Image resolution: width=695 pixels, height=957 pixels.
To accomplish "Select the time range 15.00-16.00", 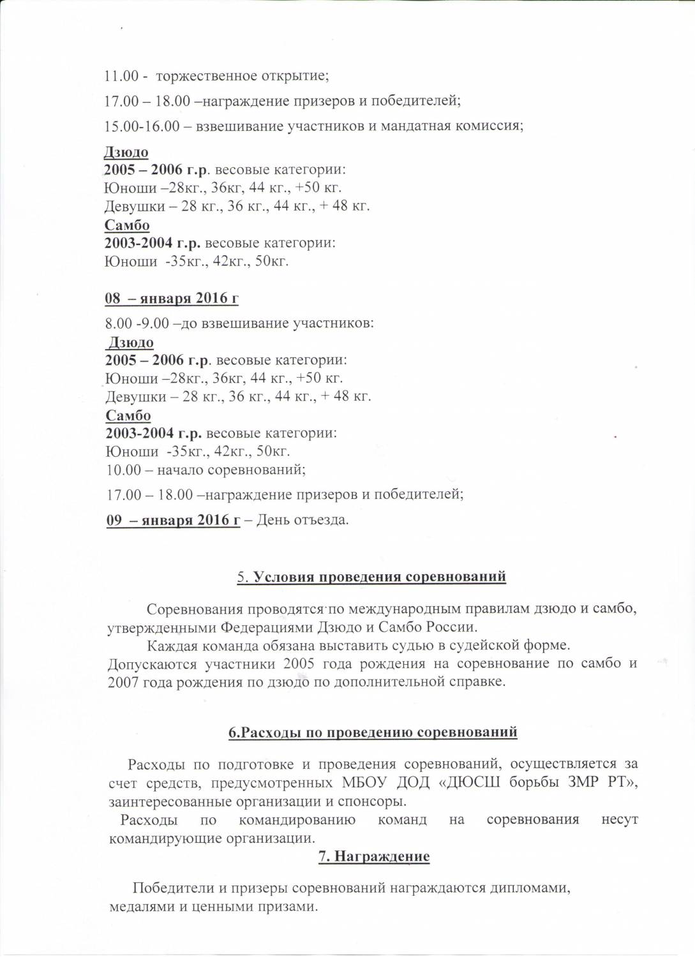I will tap(142, 126).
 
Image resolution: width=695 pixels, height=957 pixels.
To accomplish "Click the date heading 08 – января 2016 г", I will tap(172, 298).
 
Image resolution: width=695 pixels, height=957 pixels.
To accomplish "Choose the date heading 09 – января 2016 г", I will tap(173, 520).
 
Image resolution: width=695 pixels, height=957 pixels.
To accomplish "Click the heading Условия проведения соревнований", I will tap(380, 577).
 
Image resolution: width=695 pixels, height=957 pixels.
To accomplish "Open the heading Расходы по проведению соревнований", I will tap(373, 732).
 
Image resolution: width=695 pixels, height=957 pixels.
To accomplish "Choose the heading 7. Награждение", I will tap(374, 856).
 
